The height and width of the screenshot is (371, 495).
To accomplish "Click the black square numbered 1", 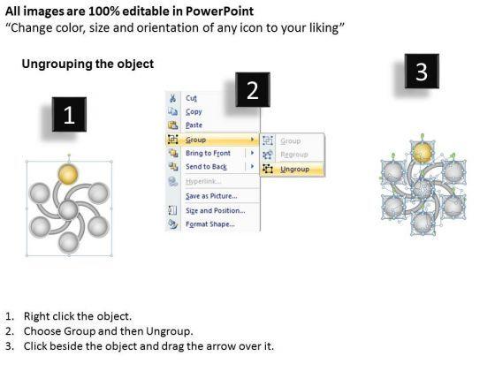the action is tap(69, 114).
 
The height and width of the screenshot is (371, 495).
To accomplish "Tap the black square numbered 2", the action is tap(253, 89).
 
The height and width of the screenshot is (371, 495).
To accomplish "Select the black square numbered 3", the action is tap(422, 71).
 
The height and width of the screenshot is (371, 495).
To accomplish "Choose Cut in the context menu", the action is tap(191, 98).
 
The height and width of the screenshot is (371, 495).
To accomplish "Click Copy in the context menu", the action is tap(194, 112).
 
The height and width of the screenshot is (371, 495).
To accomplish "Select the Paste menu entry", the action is tap(194, 125).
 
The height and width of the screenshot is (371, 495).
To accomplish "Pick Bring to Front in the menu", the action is tap(208, 153).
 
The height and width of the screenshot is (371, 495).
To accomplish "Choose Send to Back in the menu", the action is tap(206, 167).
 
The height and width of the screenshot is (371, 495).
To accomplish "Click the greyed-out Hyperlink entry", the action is tap(203, 181).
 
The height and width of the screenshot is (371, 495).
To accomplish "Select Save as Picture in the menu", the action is tap(211, 196).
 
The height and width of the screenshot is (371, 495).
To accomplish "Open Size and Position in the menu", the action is tap(216, 210).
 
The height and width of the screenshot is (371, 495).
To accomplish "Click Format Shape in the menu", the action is tap(210, 224).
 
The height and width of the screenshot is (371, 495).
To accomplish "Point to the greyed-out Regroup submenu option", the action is tap(293, 155).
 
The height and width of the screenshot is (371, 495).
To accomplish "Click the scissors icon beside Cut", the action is tap(172, 98).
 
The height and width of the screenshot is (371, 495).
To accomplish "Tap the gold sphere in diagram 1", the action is tap(68, 175).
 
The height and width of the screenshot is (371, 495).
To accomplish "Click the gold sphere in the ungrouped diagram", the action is tap(423, 152).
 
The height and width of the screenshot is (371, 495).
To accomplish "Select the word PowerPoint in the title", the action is tap(219, 11).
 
